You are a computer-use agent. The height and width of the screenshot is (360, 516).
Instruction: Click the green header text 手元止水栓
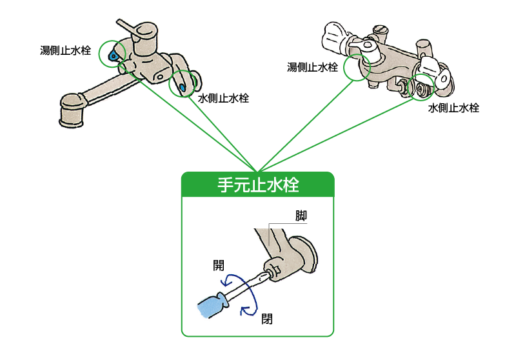(x=257, y=185)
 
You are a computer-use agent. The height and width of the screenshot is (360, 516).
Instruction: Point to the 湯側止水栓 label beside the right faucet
(x=313, y=67)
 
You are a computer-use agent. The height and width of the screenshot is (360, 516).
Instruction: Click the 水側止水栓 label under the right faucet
(x=453, y=108)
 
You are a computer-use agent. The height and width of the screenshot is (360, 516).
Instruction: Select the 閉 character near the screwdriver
(x=267, y=319)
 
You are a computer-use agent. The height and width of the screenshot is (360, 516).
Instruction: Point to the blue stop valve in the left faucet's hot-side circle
(x=114, y=57)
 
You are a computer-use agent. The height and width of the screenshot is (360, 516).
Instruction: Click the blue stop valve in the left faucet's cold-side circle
(x=183, y=86)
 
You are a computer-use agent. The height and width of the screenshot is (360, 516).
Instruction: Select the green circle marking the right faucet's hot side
(x=358, y=66)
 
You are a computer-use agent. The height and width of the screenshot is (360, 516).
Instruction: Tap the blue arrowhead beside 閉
(x=244, y=312)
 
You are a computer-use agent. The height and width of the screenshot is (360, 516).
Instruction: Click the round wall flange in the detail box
(x=303, y=255)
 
